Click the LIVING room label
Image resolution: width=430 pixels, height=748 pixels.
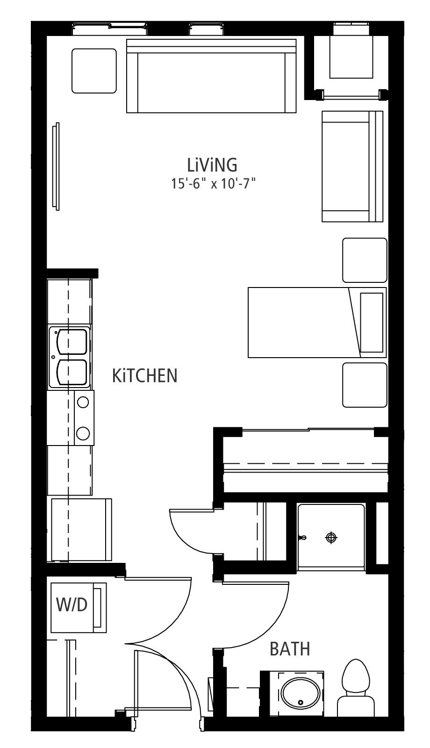coord(212,165)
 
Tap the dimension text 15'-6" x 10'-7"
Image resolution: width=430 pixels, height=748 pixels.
coord(213,184)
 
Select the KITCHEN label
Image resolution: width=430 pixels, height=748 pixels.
coord(144,376)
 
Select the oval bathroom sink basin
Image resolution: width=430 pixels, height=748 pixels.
coord(301,692)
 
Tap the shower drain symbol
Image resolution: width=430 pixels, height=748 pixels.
coord(331,538)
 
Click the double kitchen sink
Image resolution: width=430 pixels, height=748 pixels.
coord(70,357)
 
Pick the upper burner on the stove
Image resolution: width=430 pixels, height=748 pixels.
coord(83,402)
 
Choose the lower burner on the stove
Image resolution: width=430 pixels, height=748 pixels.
coord(83,433)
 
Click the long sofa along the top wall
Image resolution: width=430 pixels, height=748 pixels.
coord(211,76)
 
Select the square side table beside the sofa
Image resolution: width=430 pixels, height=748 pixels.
coord(94,71)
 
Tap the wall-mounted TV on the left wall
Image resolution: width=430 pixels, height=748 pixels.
coord(56,166)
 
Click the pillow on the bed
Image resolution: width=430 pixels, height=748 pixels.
coord(372,323)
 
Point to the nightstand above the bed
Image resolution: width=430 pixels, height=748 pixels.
coord(365,260)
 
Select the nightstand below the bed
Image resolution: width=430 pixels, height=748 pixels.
coord(365,385)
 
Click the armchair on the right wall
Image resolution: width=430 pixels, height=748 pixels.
coord(352,166)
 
